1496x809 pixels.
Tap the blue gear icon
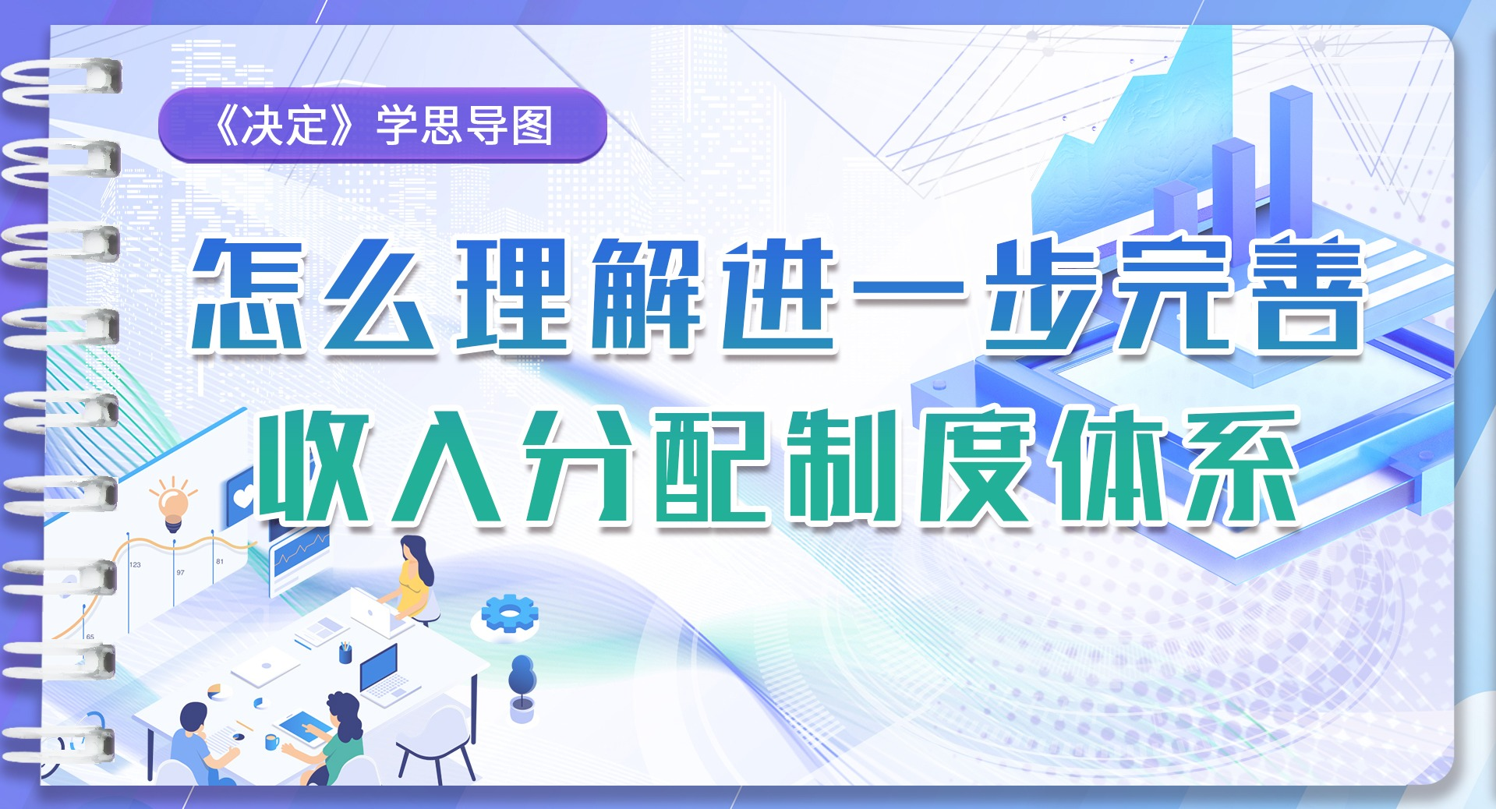point(509,613)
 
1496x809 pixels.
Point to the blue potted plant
point(522,687)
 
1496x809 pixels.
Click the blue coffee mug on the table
point(271,741)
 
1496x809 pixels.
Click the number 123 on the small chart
point(135,564)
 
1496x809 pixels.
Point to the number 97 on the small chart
point(180,572)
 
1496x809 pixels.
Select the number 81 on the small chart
point(219,561)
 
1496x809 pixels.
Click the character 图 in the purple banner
point(532,125)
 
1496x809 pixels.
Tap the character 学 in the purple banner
point(397,125)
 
